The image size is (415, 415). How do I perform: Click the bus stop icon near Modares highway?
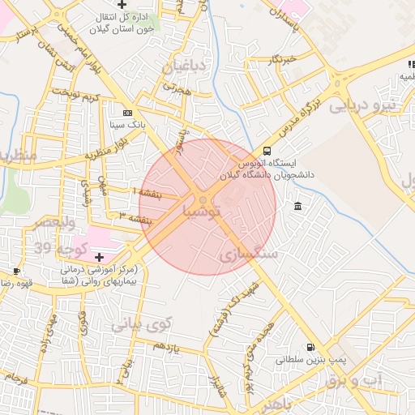tap(267, 150)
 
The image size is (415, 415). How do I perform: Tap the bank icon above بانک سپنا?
tap(127, 113)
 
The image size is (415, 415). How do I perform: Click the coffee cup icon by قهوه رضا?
tap(16, 271)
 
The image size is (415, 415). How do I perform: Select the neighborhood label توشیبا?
tap(190, 212)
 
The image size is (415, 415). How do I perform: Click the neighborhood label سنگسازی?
tap(250, 255)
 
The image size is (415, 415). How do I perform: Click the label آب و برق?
tap(357, 380)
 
